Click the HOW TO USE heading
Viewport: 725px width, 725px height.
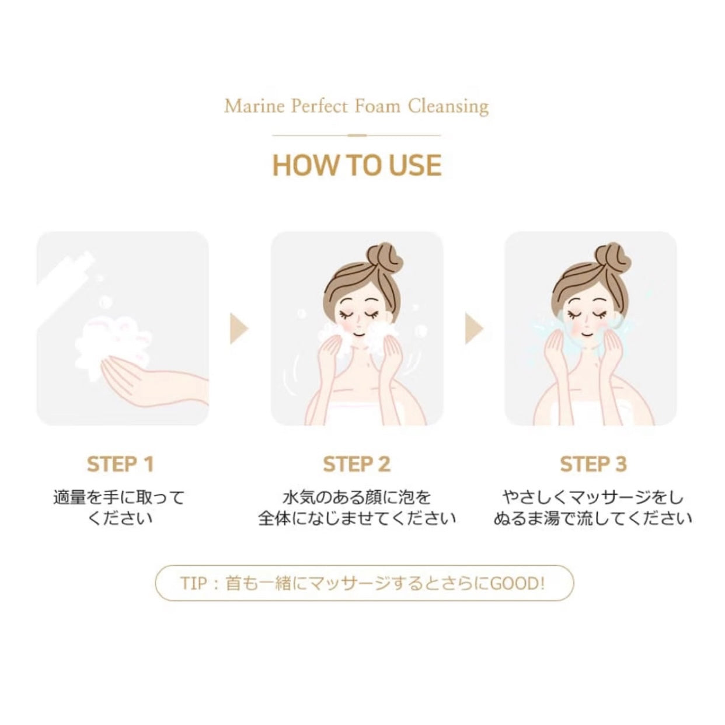point(357,165)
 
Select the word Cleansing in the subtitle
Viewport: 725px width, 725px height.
point(449,107)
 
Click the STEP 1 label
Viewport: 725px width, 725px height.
point(121,464)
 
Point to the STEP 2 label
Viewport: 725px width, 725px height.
point(357,464)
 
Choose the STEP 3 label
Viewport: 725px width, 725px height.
point(593,464)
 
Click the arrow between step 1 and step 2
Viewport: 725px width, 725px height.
point(239,329)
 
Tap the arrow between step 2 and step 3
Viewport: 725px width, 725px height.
point(474,329)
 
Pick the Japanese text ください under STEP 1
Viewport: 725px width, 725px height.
point(120,518)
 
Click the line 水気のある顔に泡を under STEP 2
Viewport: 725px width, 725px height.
point(356,497)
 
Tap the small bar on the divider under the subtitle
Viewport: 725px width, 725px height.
point(357,135)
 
